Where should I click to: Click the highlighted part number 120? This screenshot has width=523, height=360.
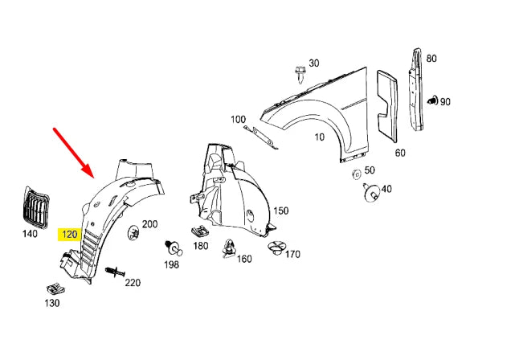(x=69, y=235)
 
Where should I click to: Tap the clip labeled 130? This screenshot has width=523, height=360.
(x=55, y=287)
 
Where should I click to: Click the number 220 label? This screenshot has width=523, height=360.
(x=132, y=282)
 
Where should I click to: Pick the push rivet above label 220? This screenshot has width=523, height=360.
(x=113, y=273)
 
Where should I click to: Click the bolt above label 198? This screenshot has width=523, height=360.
(x=172, y=244)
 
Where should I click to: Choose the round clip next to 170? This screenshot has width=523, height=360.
(x=276, y=247)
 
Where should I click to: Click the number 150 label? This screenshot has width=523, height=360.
(x=280, y=211)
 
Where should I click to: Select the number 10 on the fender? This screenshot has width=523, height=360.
(x=320, y=137)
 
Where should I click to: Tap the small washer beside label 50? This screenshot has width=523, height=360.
(x=354, y=174)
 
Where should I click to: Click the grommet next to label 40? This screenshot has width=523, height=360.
(x=371, y=193)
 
